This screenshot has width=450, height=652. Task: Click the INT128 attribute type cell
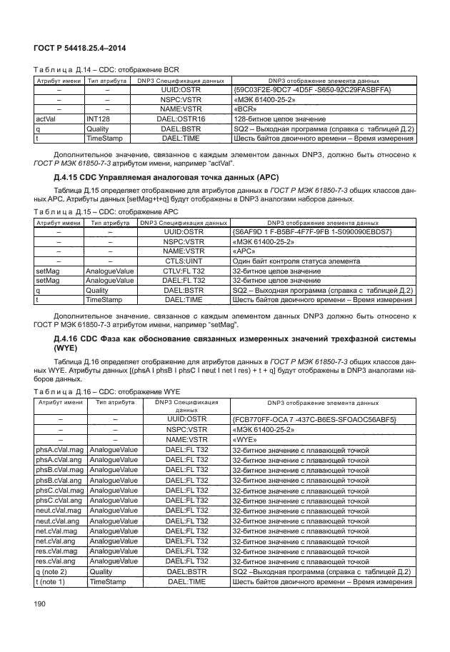[x=99, y=119]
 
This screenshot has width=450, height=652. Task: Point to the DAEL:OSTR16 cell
[x=182, y=119]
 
